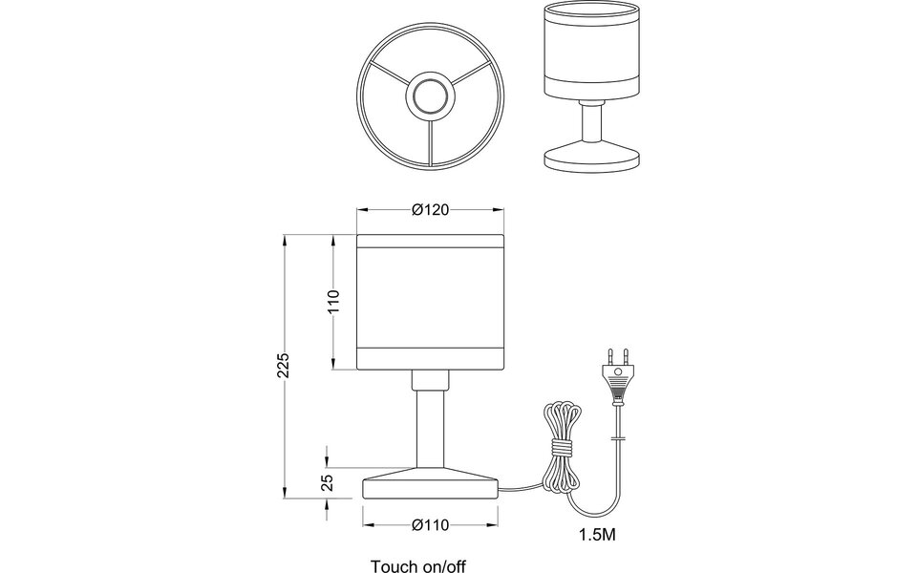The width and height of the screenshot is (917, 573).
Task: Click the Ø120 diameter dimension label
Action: [430, 211]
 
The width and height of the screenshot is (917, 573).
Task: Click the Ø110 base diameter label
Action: [430, 525]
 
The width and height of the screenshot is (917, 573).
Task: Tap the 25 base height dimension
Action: [327, 483]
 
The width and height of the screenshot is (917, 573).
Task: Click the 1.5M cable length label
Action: [597, 534]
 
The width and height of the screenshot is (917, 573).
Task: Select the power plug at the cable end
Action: [616, 377]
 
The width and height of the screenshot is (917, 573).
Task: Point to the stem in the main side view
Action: [430, 430]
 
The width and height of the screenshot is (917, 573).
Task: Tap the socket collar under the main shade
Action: [430, 380]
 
